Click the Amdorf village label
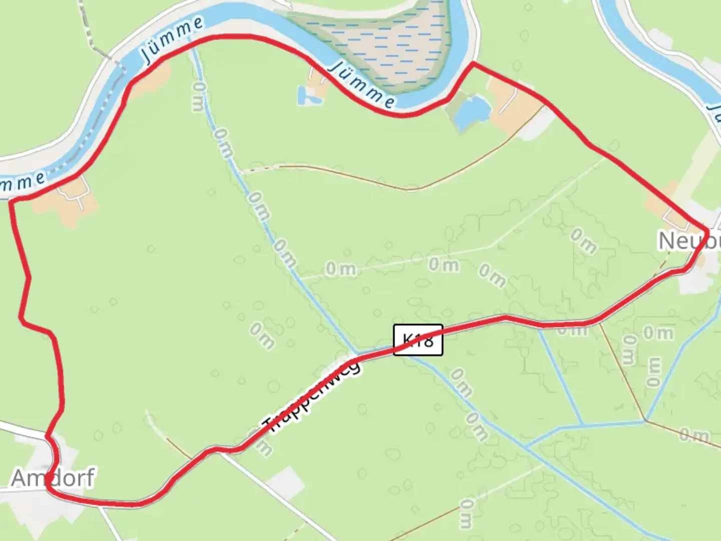53,477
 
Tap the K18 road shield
418,340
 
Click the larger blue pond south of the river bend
471,111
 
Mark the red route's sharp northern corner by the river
473,64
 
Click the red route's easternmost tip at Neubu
707,231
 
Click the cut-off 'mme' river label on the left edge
23,181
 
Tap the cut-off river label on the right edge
714,113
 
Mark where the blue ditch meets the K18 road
356,354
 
